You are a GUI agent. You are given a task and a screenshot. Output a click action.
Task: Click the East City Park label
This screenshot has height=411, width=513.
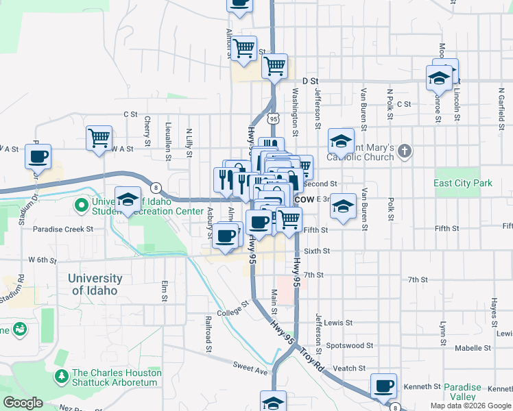463,184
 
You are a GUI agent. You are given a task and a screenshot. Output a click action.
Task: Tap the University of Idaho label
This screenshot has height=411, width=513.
95,284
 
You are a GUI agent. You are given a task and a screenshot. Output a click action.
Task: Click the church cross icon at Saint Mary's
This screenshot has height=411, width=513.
405,151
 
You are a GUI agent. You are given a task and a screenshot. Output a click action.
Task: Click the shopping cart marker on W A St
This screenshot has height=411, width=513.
99,138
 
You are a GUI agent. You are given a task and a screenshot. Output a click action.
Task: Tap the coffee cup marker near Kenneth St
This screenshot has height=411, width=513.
383,386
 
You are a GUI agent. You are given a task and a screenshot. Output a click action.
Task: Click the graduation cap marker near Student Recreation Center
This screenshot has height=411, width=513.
128,200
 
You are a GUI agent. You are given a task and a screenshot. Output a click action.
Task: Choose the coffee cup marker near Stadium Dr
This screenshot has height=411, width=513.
38,157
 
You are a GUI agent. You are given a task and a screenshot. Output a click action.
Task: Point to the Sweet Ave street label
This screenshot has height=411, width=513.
248,369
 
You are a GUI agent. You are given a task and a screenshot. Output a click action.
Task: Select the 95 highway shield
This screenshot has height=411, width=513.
274,119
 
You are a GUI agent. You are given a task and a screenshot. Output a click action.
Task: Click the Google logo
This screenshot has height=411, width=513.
23,403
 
